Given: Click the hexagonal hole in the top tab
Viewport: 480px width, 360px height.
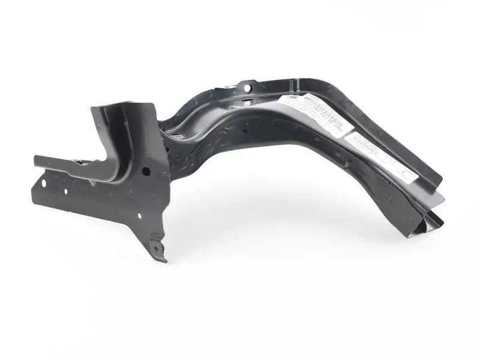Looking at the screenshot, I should tap(247, 88).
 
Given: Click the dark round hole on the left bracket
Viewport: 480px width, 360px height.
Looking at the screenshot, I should tap(146, 172).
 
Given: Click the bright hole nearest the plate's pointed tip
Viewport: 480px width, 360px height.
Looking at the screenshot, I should tap(140, 215).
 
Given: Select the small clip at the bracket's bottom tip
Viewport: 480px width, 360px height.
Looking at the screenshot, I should tap(157, 247).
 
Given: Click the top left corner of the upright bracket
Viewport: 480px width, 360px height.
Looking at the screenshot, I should tap(93, 109).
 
